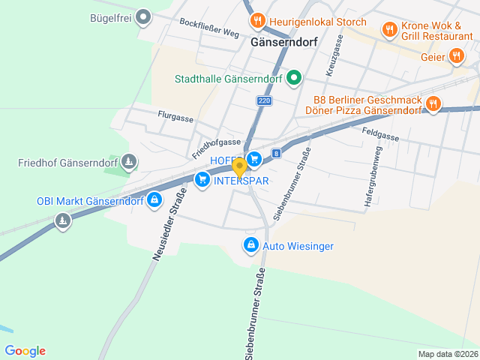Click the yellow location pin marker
tap(239, 166)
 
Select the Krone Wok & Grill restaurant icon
tap(389, 29)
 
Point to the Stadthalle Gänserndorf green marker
tap(294, 77)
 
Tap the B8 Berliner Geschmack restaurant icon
tap(432, 103)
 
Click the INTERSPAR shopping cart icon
tap(202, 179)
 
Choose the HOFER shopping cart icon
tap(254, 158)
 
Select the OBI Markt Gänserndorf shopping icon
tap(154, 199)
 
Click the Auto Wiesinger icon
tap(250, 244)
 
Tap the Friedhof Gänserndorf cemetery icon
tap(130, 162)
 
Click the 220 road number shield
tap(263, 100)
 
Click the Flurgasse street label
tap(175, 118)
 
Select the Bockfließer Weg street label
tap(209, 28)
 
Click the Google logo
tap(25, 351)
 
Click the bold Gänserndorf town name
tap(284, 43)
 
